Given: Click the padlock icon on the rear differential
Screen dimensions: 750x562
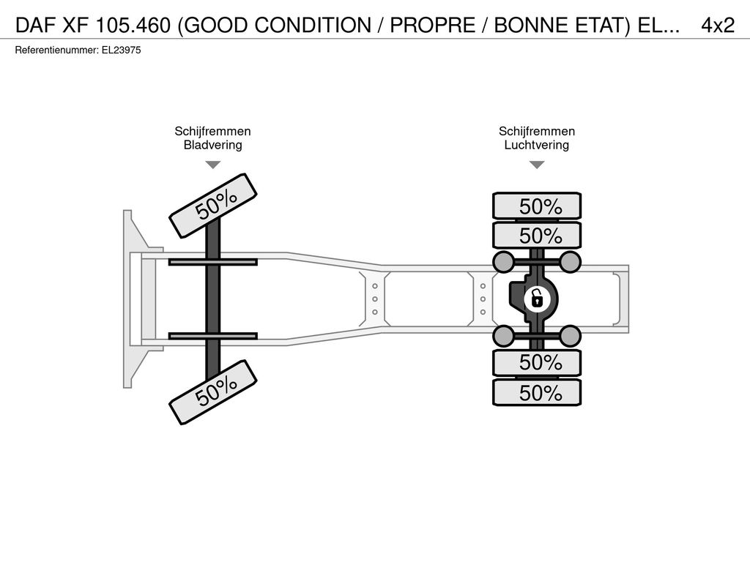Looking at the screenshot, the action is tap(537, 300).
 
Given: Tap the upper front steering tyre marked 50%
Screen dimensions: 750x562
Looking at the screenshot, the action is tap(213, 206).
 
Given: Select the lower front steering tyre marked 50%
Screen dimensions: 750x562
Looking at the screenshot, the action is tap(213, 392).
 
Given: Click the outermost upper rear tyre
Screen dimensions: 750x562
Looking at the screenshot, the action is tap(537, 206).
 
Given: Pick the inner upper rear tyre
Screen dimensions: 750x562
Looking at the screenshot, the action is tap(537, 235).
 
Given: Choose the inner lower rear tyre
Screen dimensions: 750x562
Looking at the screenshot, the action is tap(537, 363).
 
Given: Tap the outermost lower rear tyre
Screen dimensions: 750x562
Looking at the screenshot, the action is tap(537, 393).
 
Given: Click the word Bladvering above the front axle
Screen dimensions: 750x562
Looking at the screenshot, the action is tap(213, 145).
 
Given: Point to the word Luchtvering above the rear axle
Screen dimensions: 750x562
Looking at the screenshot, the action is tap(537, 145).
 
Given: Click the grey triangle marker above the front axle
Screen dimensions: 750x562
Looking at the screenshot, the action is tap(213, 165).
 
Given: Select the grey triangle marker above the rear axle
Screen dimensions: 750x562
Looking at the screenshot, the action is tap(537, 165).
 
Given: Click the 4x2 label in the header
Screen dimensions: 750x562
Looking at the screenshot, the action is tap(718, 26).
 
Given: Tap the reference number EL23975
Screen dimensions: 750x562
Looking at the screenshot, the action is tap(121, 50).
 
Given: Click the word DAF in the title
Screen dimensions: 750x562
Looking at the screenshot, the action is tap(36, 26).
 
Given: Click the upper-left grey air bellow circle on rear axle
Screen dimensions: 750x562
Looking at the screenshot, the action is tap(504, 262).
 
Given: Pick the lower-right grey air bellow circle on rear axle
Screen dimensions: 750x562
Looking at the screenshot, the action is tap(570, 336).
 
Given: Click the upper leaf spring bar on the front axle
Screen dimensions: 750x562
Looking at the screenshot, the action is tap(213, 262).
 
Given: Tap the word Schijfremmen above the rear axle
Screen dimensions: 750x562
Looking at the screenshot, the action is tap(537, 132).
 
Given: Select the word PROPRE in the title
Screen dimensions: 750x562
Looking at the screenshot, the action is tap(432, 26).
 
